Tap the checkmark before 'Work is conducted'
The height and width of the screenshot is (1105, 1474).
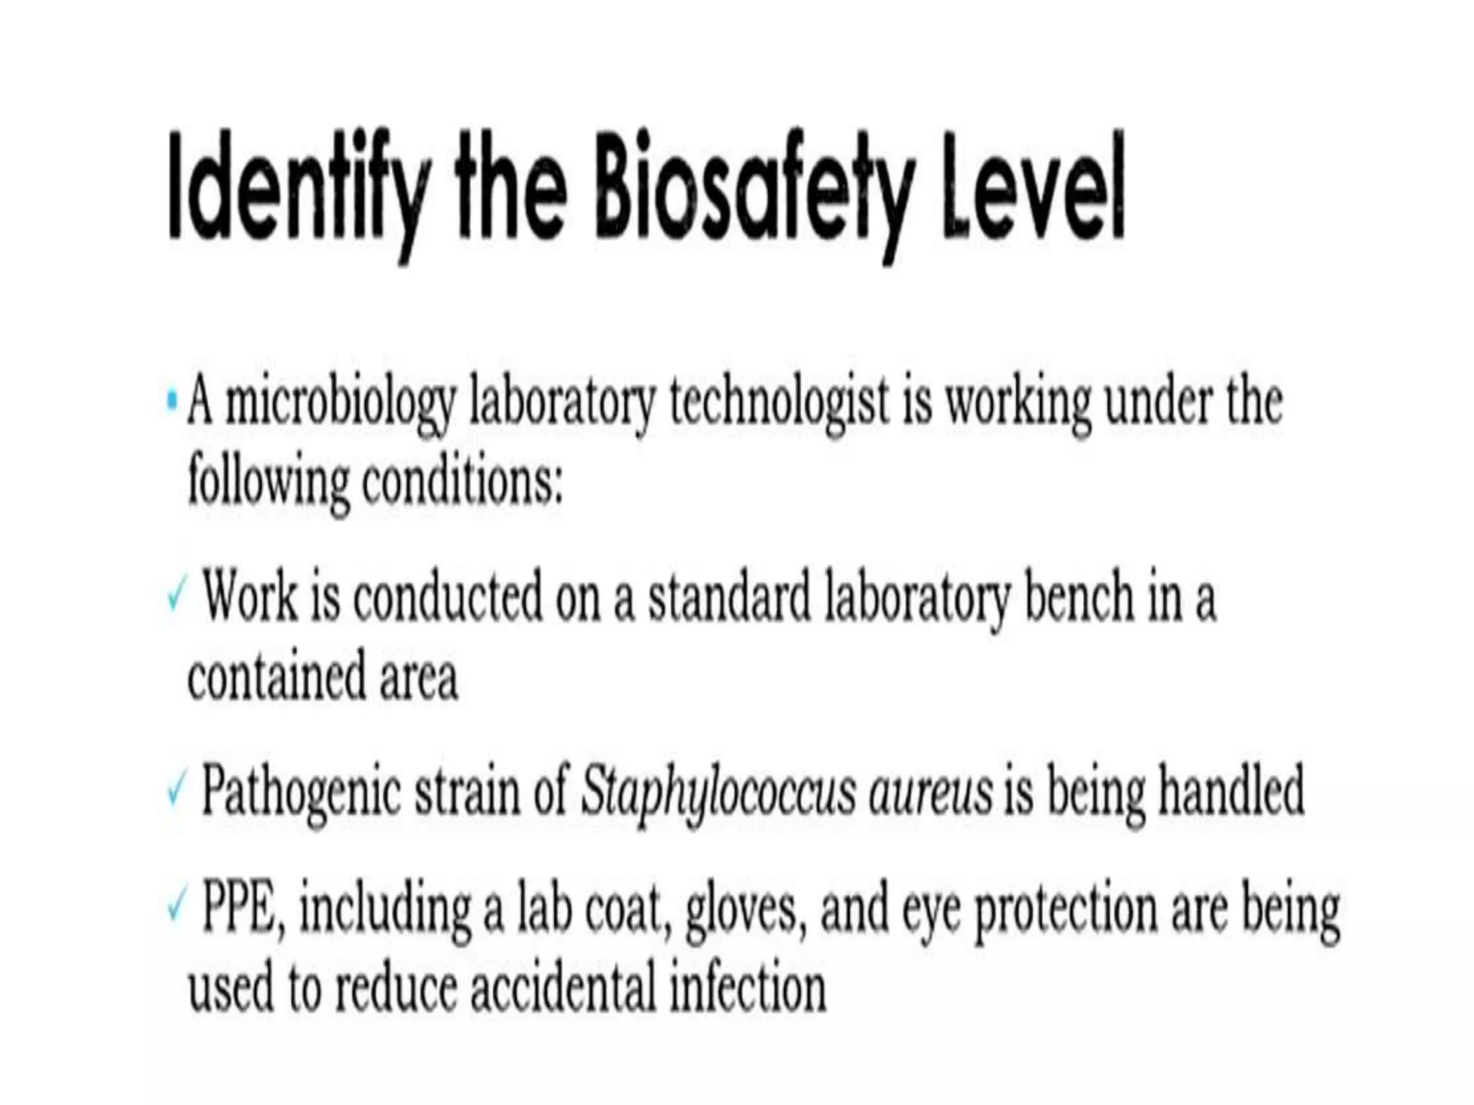(175, 597)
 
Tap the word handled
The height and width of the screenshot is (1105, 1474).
(1231, 791)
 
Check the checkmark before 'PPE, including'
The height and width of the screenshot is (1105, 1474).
(175, 909)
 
